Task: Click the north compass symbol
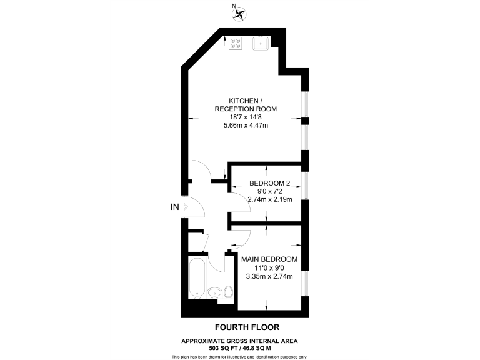[239, 12]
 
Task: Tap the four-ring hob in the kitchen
[236, 43]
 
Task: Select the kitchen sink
[261, 43]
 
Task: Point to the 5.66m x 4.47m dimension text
[245, 125]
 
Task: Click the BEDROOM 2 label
[270, 182]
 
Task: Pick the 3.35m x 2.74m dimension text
[269, 276]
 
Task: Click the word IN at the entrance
[175, 207]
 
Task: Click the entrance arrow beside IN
[185, 207]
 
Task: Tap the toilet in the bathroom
[228, 292]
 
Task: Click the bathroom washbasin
[214, 292]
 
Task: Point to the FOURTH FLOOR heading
[247, 327]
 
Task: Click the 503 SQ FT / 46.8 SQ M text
[239, 347]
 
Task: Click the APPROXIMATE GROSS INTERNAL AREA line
[239, 341]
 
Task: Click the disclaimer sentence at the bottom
[239, 356]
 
